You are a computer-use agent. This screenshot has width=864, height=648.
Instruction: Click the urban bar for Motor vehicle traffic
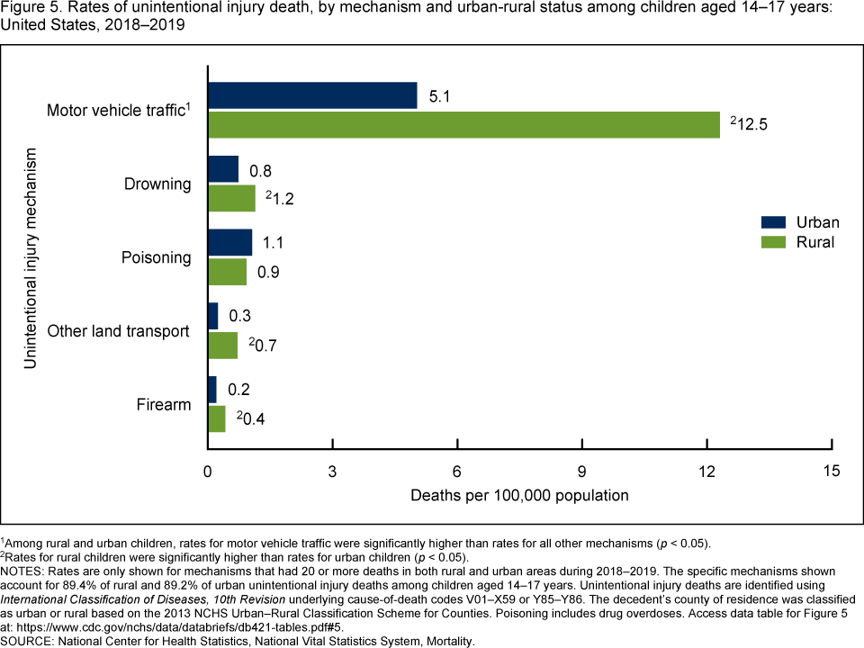(312, 95)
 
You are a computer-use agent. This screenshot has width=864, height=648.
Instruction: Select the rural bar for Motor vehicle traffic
(463, 125)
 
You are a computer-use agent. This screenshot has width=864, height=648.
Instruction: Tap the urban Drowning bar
(223, 169)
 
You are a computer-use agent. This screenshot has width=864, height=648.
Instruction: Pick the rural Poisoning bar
(227, 272)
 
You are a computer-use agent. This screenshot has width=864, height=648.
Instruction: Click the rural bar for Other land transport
(222, 346)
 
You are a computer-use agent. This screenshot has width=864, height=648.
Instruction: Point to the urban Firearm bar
(212, 390)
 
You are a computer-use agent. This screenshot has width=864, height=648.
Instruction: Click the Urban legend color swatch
(773, 222)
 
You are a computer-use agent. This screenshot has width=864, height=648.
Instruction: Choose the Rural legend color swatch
(773, 242)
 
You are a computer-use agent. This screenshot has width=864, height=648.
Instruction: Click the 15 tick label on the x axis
(832, 470)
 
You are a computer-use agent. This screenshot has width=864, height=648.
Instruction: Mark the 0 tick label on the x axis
(208, 470)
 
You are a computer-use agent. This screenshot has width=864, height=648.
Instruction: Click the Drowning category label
(157, 184)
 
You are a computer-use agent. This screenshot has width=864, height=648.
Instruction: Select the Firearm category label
(164, 404)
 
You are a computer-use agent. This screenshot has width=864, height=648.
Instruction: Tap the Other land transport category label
(118, 331)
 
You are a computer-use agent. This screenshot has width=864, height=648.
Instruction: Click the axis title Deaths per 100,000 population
(519, 495)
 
